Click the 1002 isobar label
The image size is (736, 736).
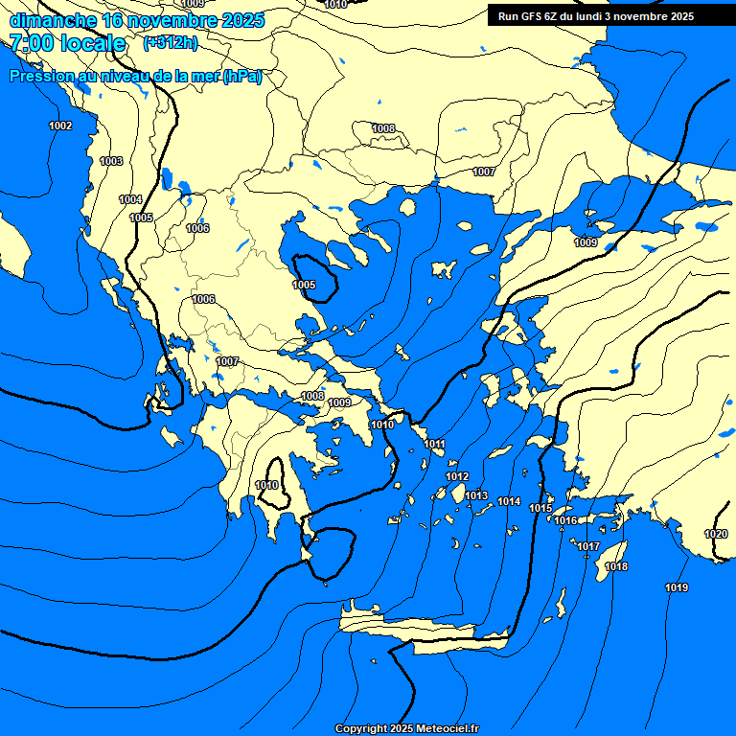click(x=60, y=126)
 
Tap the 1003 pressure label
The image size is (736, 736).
click(x=111, y=161)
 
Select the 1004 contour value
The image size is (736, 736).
click(x=130, y=199)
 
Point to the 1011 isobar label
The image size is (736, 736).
click(x=435, y=444)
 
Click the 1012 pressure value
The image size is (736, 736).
click(x=457, y=476)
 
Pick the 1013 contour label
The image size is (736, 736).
click(x=477, y=495)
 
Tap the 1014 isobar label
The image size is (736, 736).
click(x=509, y=501)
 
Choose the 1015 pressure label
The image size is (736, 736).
click(x=540, y=508)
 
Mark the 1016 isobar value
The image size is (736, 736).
click(x=565, y=520)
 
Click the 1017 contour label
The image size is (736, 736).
click(x=588, y=546)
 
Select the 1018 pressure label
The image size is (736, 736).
click(x=617, y=566)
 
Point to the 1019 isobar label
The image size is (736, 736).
click(x=677, y=586)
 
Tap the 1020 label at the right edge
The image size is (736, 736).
click(x=716, y=534)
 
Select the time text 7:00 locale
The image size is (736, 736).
click(x=67, y=43)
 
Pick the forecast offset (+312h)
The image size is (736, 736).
click(x=171, y=43)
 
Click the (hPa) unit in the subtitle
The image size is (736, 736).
click(x=241, y=77)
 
